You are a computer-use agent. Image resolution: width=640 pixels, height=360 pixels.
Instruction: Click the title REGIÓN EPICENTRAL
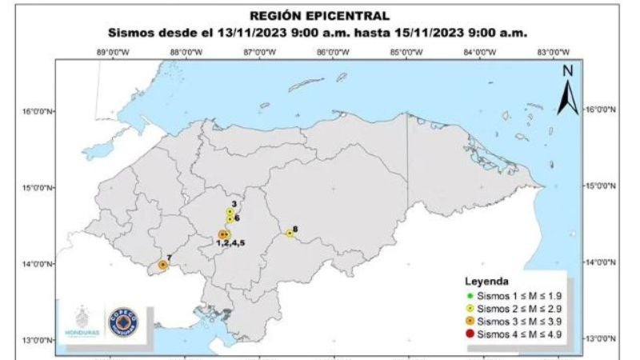point(320,15)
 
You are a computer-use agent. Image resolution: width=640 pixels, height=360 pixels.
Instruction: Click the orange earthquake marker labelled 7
point(162,264)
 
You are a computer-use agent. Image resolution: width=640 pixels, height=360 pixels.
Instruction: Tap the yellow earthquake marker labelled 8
point(290,234)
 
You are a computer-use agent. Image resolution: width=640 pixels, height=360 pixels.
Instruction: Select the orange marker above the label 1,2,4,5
point(222,234)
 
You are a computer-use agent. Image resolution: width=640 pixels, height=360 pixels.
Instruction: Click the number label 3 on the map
point(233,205)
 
